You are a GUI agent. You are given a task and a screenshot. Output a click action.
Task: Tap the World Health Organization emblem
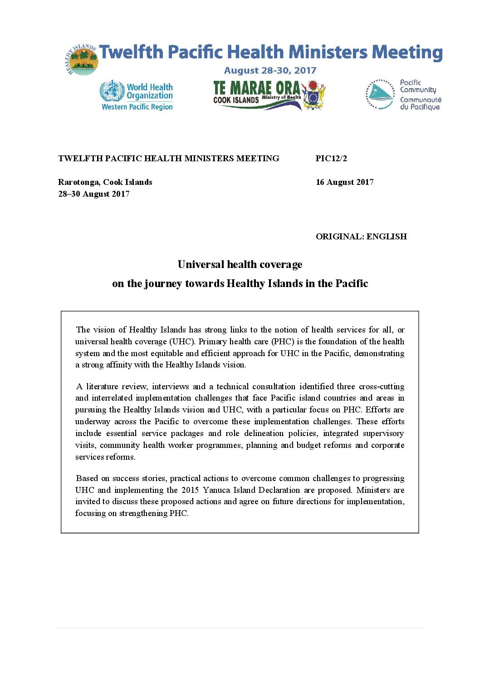[x=112, y=91]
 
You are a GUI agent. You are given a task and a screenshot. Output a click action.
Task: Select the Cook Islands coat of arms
[x=313, y=95]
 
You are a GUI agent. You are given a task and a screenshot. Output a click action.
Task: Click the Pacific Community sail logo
[x=380, y=95]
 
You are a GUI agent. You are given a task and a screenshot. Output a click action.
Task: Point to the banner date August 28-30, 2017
[x=270, y=70]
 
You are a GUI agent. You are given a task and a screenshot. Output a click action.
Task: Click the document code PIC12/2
[x=331, y=159]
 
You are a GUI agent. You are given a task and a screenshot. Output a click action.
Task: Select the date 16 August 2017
[x=344, y=182]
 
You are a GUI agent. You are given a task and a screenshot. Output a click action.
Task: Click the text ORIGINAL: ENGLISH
[x=361, y=237]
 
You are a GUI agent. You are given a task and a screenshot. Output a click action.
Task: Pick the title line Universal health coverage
[x=240, y=264]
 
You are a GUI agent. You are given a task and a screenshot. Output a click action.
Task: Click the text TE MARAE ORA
[x=257, y=88]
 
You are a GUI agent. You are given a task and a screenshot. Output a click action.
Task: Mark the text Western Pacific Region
[x=137, y=107]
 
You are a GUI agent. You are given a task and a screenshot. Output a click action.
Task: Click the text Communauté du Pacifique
[x=421, y=104]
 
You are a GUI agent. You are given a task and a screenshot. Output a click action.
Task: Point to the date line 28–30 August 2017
[x=94, y=194]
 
